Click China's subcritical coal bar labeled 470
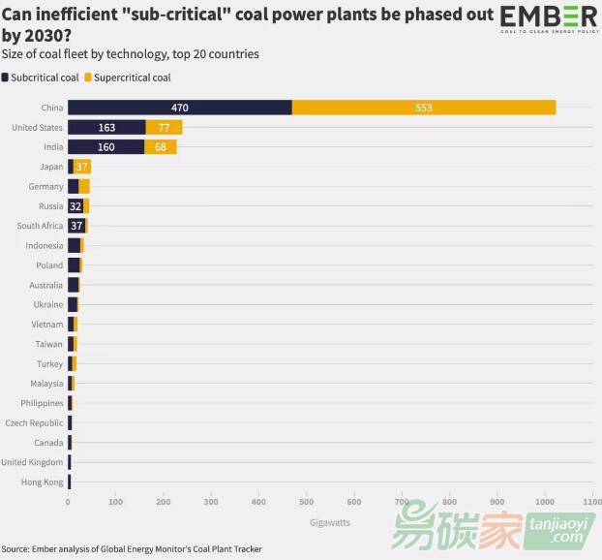click(180, 108)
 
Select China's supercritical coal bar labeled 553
click(424, 108)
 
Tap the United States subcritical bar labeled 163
click(106, 127)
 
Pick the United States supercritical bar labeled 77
click(164, 127)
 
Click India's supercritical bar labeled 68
click(161, 147)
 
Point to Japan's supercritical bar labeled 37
click(82, 167)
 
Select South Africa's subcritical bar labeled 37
click(76, 226)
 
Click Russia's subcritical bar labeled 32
click(75, 206)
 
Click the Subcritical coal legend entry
click(41, 77)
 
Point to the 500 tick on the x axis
click(306, 502)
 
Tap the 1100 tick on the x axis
click(591, 502)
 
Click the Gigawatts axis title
click(323, 522)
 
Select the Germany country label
click(45, 186)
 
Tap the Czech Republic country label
click(34, 422)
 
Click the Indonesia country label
click(45, 245)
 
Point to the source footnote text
click(132, 549)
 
